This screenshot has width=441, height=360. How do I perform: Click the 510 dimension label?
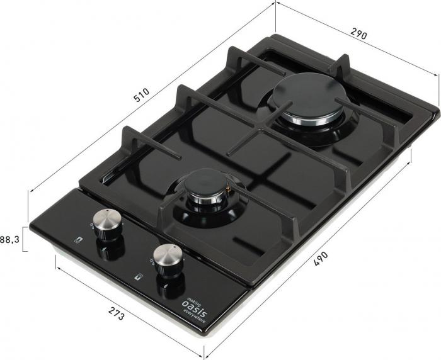(x=141, y=95)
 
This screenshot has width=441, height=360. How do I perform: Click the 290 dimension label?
(x=358, y=34)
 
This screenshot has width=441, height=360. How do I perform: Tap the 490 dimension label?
(x=321, y=259)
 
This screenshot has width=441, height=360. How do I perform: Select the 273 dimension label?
(x=116, y=313)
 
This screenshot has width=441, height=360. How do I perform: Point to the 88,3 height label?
(x=10, y=240)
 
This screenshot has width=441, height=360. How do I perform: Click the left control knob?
(x=108, y=224)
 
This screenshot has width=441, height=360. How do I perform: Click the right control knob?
(x=169, y=259)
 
